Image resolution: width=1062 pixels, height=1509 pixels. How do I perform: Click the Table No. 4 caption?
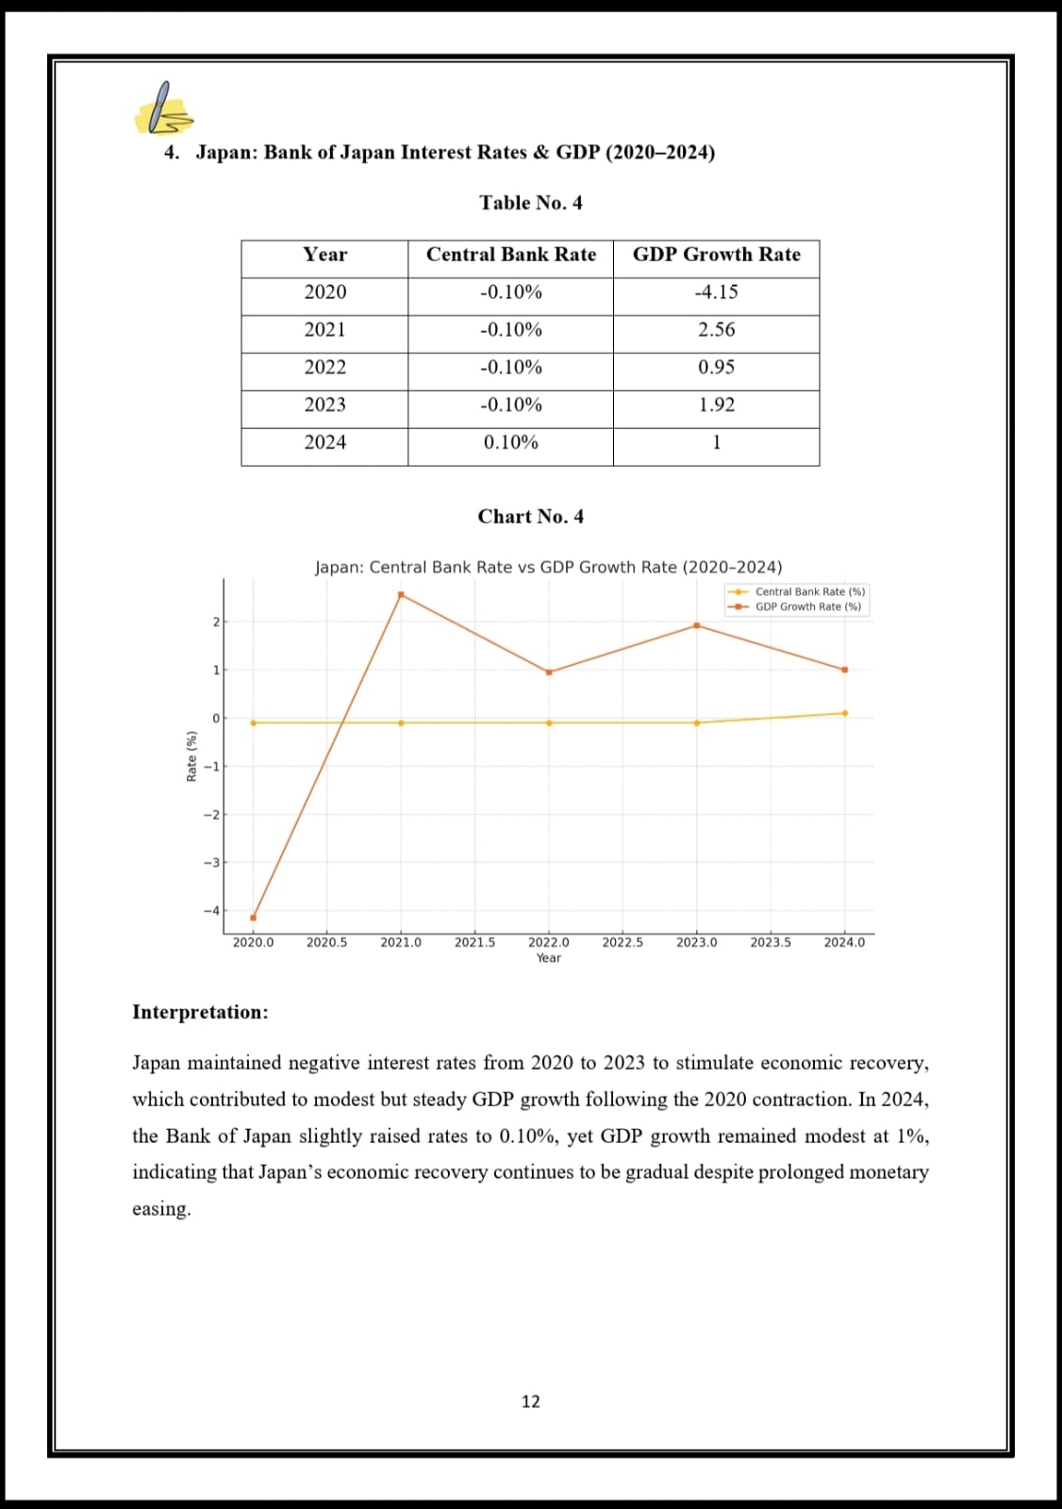[530, 203]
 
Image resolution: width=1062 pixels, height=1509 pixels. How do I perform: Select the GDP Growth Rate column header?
[716, 255]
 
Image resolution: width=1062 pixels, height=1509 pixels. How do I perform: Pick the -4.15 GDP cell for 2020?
[716, 292]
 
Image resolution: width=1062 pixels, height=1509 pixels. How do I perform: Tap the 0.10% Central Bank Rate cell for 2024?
[510, 442]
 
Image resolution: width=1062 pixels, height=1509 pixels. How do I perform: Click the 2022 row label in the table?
[324, 367]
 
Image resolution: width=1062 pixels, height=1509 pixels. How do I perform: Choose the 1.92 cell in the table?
[716, 405]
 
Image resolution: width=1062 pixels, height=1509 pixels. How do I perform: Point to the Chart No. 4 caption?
[530, 517]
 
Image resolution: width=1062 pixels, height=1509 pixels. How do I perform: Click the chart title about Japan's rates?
[548, 568]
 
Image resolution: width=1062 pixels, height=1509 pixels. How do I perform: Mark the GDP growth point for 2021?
[401, 595]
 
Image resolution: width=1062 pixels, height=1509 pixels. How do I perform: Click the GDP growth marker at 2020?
[253, 918]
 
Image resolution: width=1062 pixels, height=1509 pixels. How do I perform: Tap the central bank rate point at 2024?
[844, 713]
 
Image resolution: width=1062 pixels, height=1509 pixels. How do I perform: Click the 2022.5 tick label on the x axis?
[622, 942]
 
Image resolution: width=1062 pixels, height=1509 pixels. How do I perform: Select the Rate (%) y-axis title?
[191, 756]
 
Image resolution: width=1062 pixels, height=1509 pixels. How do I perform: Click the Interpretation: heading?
[200, 1012]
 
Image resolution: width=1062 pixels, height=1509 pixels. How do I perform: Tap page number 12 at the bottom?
[531, 1401]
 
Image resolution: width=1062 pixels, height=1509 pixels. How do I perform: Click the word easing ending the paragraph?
[160, 1209]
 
